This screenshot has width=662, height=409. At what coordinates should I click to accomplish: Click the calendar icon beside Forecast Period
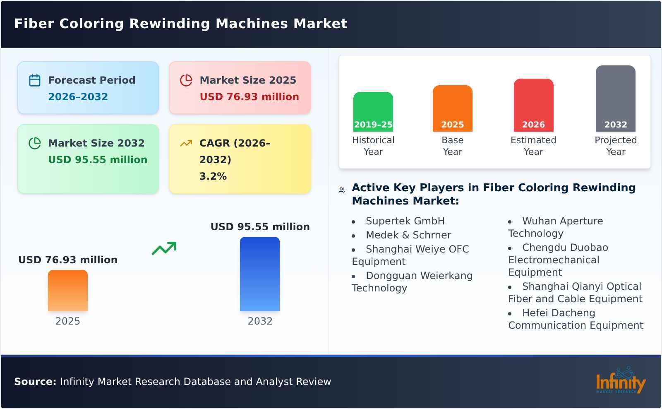[x=35, y=80]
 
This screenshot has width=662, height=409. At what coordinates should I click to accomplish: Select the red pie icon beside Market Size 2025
[x=186, y=80]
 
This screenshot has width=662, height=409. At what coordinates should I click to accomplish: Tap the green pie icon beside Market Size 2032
[x=35, y=143]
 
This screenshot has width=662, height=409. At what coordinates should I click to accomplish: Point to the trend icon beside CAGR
[x=186, y=143]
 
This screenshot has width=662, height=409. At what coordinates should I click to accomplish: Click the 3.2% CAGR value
[x=213, y=176]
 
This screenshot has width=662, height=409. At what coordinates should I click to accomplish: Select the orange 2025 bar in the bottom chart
[x=68, y=291]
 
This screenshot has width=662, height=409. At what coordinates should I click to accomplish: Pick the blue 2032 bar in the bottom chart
[x=260, y=274]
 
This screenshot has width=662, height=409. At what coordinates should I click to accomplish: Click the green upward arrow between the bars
[x=164, y=248]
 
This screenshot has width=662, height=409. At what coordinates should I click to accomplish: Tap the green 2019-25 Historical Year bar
[x=373, y=112]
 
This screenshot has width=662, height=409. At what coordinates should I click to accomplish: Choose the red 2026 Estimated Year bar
[x=533, y=105]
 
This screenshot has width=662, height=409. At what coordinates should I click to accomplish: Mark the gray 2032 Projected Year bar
[x=616, y=99]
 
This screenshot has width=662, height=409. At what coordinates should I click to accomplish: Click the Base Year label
[x=453, y=146]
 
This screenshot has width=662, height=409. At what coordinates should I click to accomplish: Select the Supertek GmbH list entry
[x=405, y=221]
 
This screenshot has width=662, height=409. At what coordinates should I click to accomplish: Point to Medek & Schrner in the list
[x=408, y=235]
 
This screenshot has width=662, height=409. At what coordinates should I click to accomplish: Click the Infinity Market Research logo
[x=621, y=381]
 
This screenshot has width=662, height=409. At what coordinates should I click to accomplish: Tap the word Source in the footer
[x=35, y=382]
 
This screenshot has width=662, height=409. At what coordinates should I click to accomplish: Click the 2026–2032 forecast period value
[x=78, y=97]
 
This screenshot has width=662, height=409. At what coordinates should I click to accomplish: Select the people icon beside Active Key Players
[x=342, y=190]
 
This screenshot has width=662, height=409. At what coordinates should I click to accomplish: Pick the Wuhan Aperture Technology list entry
[x=556, y=227]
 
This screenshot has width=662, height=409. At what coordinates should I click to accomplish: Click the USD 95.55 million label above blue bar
[x=260, y=227]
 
